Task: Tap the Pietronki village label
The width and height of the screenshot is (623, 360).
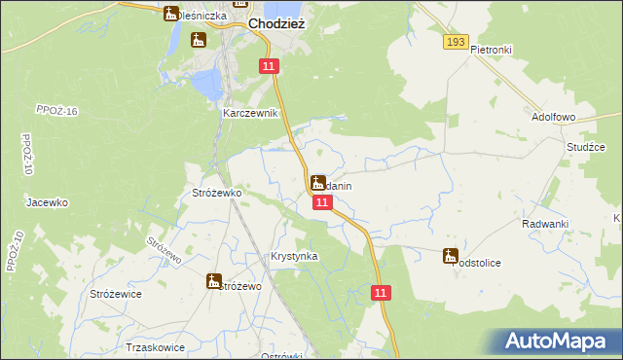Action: (x=491, y=49)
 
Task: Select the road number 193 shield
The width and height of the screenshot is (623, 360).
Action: (x=455, y=42)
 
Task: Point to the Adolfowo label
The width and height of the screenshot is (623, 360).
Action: (x=555, y=117)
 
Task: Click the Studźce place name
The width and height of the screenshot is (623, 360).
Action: (x=585, y=147)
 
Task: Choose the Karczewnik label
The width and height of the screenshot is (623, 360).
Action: (x=251, y=113)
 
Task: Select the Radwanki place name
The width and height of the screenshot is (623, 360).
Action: (x=544, y=224)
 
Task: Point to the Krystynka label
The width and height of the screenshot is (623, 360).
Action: (x=294, y=257)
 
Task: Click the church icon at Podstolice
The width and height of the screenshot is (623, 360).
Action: (x=450, y=256)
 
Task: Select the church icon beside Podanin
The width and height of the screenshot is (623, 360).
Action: (x=317, y=182)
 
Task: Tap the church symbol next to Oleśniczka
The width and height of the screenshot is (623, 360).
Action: (x=171, y=14)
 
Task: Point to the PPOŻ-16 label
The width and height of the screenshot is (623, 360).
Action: (x=55, y=112)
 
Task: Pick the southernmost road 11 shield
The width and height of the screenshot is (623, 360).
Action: (x=382, y=293)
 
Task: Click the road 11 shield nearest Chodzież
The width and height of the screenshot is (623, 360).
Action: (x=270, y=65)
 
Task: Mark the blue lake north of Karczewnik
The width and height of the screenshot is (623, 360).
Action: (x=207, y=85)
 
